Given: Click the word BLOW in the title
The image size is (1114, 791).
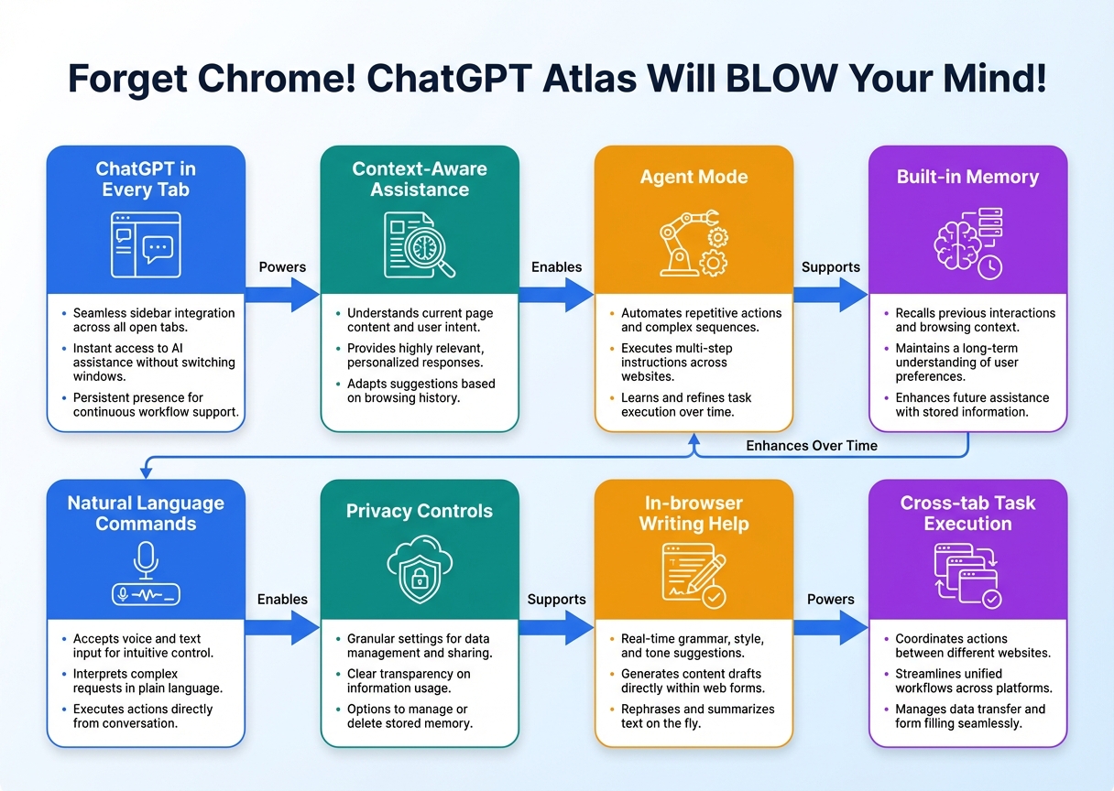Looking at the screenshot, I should [x=786, y=80].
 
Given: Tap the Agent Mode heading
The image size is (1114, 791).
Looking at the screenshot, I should [x=694, y=178].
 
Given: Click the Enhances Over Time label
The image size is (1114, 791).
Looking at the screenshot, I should [x=812, y=446].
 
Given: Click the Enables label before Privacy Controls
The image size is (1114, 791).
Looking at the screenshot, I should [x=282, y=600].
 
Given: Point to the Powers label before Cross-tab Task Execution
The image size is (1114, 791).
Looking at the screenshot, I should [x=830, y=600].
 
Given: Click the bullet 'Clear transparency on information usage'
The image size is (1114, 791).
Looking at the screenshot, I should [x=409, y=681].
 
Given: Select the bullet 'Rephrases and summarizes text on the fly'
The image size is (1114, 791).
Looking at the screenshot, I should [x=697, y=716].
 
